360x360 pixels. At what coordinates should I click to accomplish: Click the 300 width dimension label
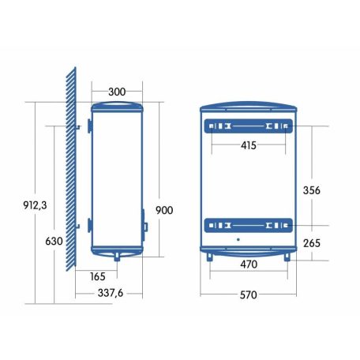117,92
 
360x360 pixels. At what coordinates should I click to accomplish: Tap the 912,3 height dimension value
35,205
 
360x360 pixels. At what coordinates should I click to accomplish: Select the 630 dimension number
54,241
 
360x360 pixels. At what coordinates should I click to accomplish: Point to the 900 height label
164,210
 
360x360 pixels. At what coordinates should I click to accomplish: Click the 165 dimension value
98,276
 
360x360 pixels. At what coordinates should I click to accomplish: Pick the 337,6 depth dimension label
111,293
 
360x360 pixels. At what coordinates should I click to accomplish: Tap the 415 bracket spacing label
249,145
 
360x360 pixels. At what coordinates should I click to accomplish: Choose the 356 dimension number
312,190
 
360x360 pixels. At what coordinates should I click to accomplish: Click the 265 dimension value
312,243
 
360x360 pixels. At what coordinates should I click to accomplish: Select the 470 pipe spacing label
249,264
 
